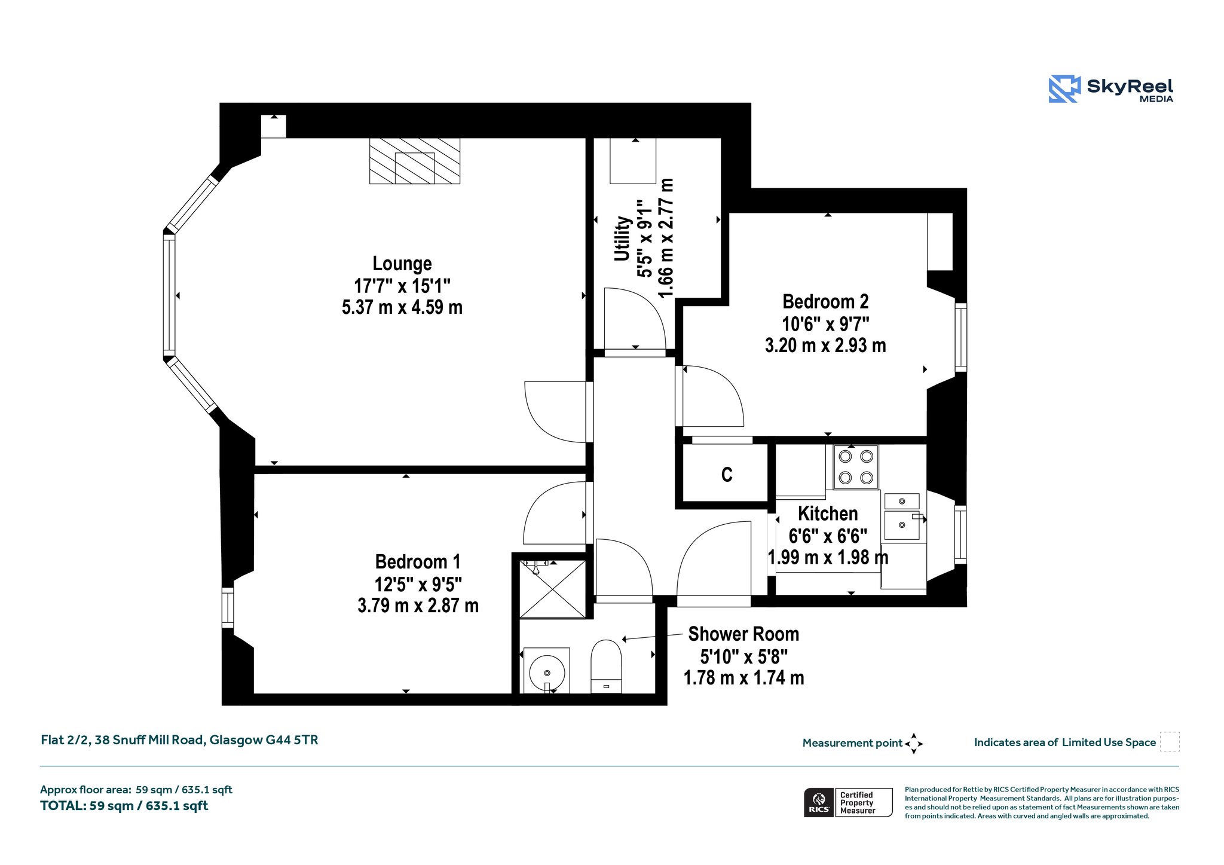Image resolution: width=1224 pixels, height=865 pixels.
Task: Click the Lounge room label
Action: (402, 264)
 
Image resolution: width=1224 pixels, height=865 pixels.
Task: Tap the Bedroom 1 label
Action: (418, 562)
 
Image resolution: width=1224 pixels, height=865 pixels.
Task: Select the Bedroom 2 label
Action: (825, 301)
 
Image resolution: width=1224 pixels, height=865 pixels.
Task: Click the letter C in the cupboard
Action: (727, 475)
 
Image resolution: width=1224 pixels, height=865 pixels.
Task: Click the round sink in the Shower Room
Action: (547, 673)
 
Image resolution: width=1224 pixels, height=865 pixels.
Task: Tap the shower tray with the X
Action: (553, 589)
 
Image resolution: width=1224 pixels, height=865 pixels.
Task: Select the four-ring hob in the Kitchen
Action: (856, 467)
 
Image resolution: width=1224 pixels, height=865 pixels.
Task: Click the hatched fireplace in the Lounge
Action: (415, 161)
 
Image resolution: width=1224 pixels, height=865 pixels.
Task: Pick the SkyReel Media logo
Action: (1111, 89)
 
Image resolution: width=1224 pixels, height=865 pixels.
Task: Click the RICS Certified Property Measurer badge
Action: (848, 802)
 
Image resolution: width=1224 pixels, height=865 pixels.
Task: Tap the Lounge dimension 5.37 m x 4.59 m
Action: (402, 307)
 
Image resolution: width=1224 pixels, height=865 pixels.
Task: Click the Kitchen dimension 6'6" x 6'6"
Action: (828, 536)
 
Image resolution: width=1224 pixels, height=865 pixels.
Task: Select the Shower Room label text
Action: (743, 634)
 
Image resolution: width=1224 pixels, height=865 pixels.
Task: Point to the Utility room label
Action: (623, 239)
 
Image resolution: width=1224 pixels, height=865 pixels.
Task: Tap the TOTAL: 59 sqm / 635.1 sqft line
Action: (124, 806)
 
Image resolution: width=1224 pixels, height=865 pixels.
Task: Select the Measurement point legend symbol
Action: (914, 744)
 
